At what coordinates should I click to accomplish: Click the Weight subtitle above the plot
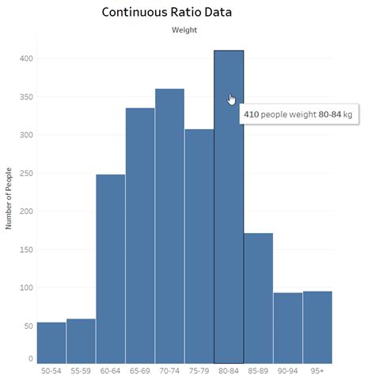pos(184,30)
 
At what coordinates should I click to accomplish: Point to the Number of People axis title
pos(9,198)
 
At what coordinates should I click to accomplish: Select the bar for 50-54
pos(51,342)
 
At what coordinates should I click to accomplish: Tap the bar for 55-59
pos(81,341)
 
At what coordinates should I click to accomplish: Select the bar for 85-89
pos(258,297)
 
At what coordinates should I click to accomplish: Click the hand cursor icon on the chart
pos(232,99)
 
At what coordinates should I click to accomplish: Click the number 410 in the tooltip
pos(251,115)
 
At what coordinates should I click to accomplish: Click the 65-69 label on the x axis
pos(140,369)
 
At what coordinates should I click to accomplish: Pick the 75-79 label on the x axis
pos(199,369)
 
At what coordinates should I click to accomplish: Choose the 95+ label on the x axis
pos(317,369)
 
